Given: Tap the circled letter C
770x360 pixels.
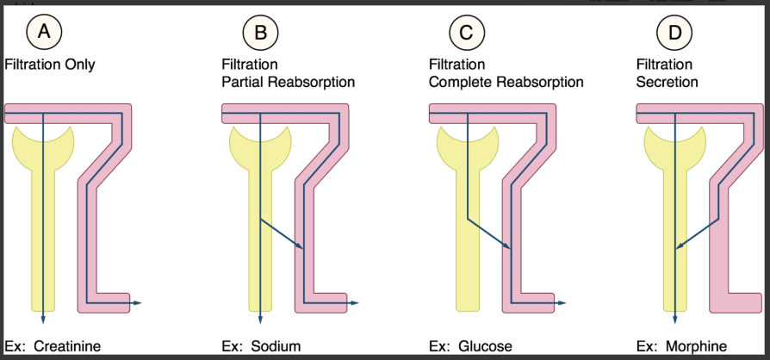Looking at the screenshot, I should (x=467, y=34).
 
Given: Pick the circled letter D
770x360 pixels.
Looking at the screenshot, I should (x=674, y=34).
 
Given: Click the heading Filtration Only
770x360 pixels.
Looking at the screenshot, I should (x=50, y=65).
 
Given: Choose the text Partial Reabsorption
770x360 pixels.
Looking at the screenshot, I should (x=288, y=83).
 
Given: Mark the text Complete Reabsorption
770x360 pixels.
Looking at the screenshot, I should (x=506, y=83).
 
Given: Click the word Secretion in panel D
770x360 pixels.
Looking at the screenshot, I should (x=667, y=83).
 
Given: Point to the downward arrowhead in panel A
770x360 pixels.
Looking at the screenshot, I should (x=42, y=315).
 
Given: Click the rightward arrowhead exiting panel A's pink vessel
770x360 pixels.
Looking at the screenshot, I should (x=139, y=303).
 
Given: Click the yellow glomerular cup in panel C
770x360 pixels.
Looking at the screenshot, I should (x=466, y=138).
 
